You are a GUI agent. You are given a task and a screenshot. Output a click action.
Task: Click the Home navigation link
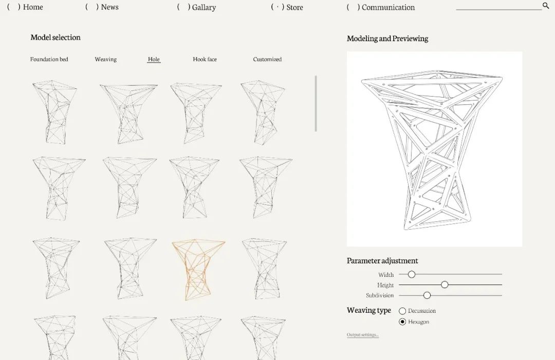point(33,7)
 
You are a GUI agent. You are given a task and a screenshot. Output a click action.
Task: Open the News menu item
point(110,7)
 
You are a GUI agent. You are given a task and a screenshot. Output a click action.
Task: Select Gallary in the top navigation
point(204,7)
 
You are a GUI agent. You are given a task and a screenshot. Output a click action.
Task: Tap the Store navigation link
point(294,7)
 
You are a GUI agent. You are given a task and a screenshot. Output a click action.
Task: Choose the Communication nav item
point(388,7)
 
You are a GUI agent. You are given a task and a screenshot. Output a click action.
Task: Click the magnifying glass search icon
point(545,6)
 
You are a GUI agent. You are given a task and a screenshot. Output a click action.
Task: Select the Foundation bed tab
point(49,60)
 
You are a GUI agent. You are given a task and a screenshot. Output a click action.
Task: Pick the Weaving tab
point(105,60)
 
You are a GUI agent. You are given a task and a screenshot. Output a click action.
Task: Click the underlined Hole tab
point(154,60)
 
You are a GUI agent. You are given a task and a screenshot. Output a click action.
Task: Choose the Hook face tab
point(205,60)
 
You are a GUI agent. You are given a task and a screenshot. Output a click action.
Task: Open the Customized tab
point(267,60)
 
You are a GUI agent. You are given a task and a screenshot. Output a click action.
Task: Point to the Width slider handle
point(411,274)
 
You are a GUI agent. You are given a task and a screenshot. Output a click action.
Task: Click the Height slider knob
point(445,285)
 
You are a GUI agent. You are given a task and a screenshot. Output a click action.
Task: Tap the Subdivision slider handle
point(427,295)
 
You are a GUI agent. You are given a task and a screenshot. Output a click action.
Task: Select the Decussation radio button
point(402,311)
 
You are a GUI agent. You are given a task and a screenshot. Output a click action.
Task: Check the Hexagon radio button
point(402,322)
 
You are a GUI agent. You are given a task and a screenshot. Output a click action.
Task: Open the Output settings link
point(362,335)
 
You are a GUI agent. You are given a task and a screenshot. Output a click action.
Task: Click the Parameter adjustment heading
point(382,261)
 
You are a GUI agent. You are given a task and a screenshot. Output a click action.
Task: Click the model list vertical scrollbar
point(316,103)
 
